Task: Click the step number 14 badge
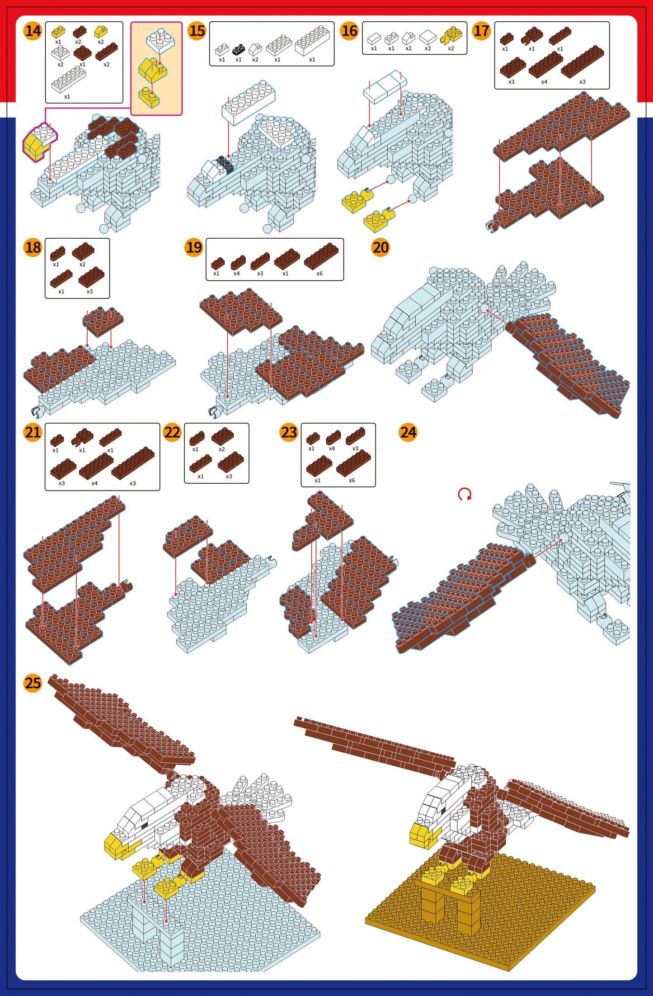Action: point(33,31)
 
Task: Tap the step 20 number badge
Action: point(381,247)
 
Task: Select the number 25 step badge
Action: point(33,683)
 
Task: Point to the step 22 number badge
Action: point(172,432)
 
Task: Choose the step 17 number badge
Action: point(481,31)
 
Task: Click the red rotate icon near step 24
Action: point(465,494)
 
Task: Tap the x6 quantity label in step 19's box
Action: point(319,274)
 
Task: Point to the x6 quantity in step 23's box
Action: point(352,480)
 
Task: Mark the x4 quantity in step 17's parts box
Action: point(544,82)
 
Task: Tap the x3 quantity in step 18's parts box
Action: point(89,292)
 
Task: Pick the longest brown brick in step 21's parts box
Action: point(133,463)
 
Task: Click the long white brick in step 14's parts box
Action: point(69,80)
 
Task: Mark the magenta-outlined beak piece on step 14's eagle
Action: point(39,142)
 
